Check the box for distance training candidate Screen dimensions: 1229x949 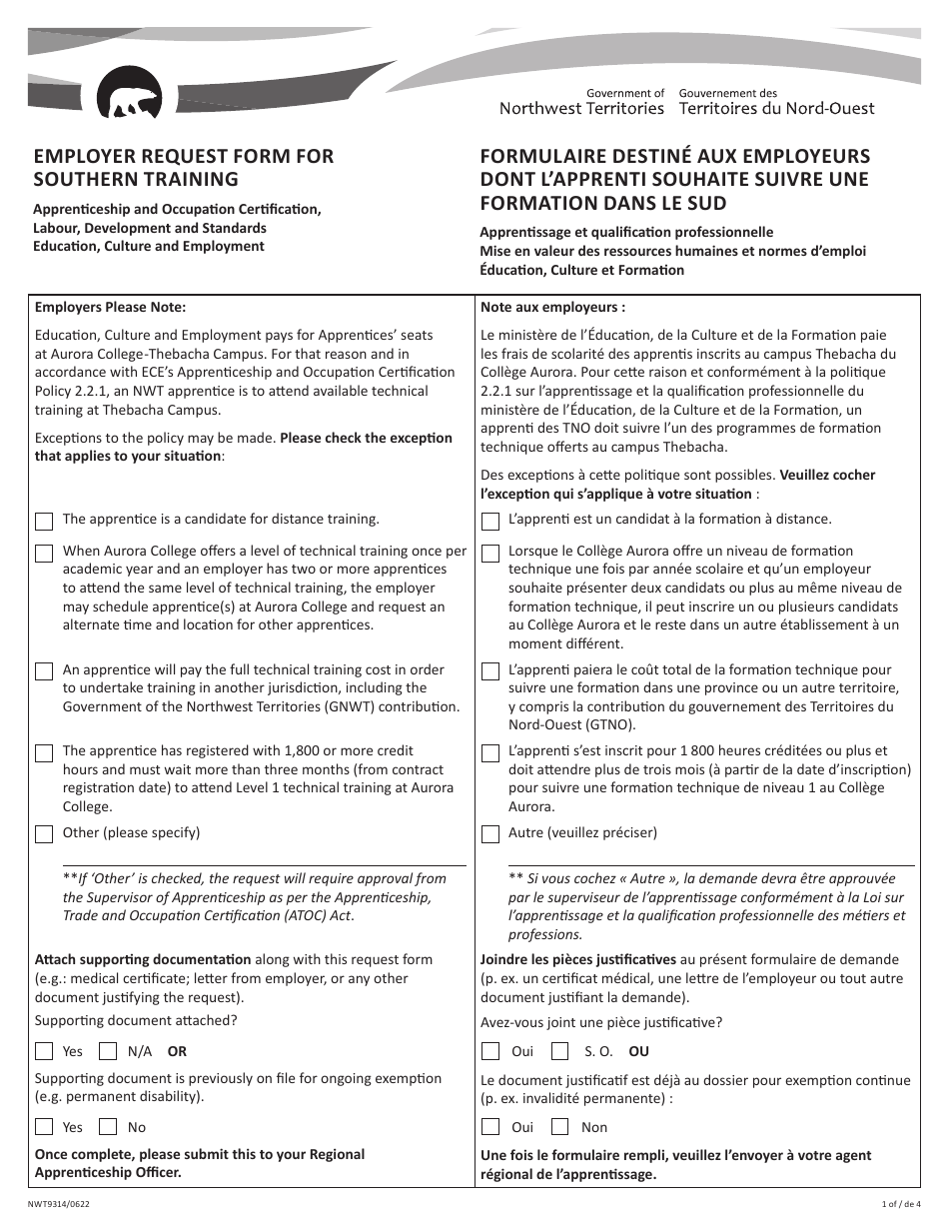point(44,521)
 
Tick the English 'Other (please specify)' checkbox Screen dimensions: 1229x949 point(44,833)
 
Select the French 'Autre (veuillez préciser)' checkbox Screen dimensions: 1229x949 point(490,833)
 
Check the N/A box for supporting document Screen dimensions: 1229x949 point(108,1051)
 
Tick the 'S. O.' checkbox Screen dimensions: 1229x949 point(561,1051)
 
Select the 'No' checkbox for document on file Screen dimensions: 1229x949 point(108,1127)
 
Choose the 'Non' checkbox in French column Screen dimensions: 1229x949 point(561,1127)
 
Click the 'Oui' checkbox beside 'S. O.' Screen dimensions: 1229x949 point(490,1051)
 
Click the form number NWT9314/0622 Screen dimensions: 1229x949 point(62,1205)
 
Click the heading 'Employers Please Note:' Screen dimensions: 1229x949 point(110,308)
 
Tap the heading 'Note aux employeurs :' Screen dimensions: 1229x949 point(552,308)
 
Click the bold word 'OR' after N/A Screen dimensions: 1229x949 point(177,1051)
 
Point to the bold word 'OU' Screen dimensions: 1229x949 point(638,1051)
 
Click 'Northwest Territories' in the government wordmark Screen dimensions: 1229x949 point(581,109)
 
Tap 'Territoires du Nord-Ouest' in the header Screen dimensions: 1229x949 point(776,109)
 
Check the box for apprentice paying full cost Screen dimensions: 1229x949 point(44,671)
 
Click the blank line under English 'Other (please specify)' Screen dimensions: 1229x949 point(264,863)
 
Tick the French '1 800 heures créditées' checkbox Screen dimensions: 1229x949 point(490,752)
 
